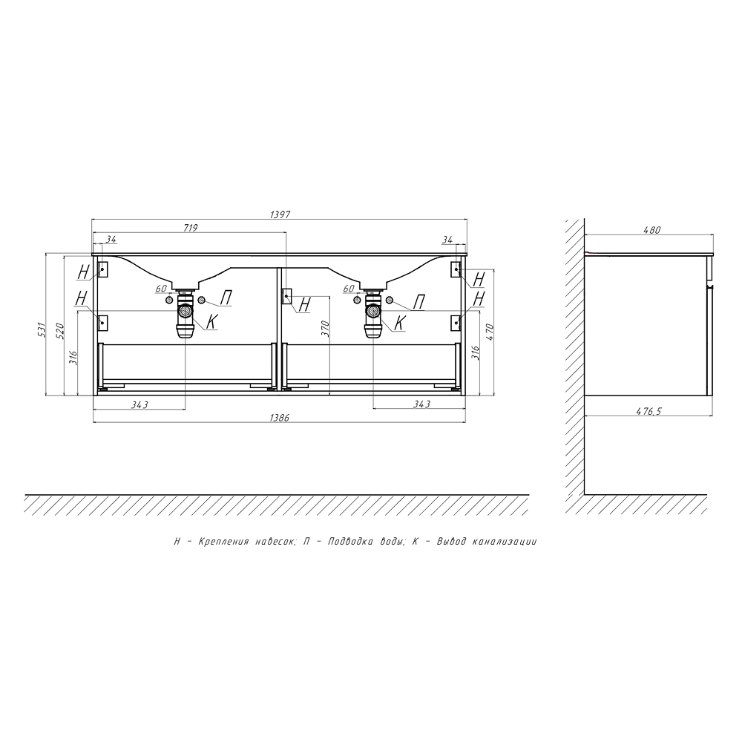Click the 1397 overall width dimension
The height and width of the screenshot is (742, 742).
[x=280, y=214]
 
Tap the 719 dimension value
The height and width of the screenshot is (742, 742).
[x=190, y=228]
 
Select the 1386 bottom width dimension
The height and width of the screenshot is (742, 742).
[x=279, y=418]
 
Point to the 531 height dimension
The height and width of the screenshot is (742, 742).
[x=41, y=329]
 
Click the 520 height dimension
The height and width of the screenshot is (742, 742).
[x=59, y=331]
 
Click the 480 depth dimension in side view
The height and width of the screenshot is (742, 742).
[x=651, y=231]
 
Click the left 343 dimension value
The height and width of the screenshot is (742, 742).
[x=140, y=404]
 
